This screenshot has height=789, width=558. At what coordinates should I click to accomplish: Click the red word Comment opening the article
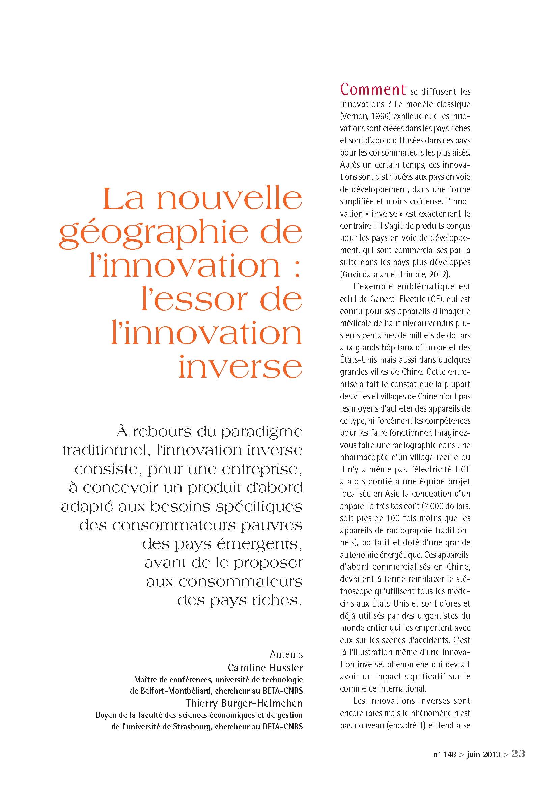[x=373, y=90]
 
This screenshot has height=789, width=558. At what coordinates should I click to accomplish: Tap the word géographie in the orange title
[x=154, y=234]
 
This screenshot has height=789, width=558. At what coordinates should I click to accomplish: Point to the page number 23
[x=519, y=753]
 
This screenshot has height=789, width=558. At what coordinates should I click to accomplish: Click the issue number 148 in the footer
[x=449, y=754]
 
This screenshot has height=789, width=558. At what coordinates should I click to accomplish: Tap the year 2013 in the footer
[x=491, y=754]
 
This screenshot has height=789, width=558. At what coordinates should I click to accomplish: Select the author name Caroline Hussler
[x=265, y=668]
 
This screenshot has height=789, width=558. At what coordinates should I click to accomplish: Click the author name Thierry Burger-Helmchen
[x=244, y=703]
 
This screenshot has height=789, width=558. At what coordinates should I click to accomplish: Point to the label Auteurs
[x=286, y=654]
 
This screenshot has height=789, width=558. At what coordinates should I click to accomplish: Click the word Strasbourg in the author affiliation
[x=192, y=727]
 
